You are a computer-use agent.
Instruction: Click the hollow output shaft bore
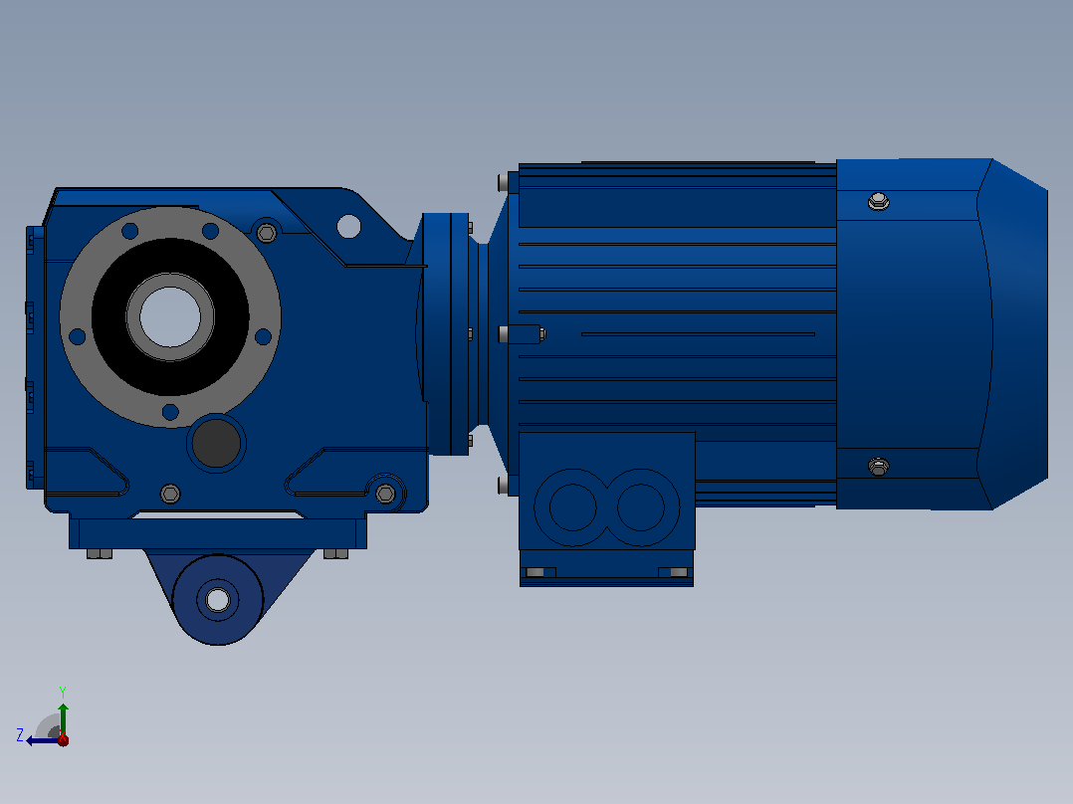[170, 316]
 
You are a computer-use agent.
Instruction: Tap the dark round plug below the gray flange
[216, 443]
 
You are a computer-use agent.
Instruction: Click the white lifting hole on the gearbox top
[349, 226]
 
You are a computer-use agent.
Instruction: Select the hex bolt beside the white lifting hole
[267, 233]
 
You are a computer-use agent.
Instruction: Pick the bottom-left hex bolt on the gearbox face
[170, 494]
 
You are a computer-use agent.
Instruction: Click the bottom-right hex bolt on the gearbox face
[385, 494]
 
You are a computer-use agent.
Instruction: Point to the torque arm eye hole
[218, 600]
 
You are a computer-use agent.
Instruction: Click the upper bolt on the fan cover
[879, 201]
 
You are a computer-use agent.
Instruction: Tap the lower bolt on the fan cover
[879, 467]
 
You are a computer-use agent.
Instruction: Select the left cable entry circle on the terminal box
[573, 507]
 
